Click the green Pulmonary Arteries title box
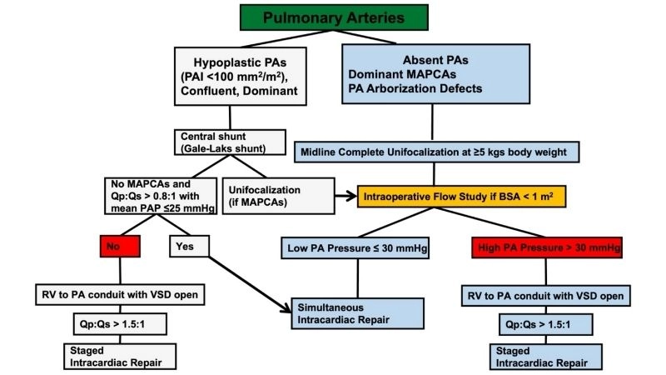point(332,17)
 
